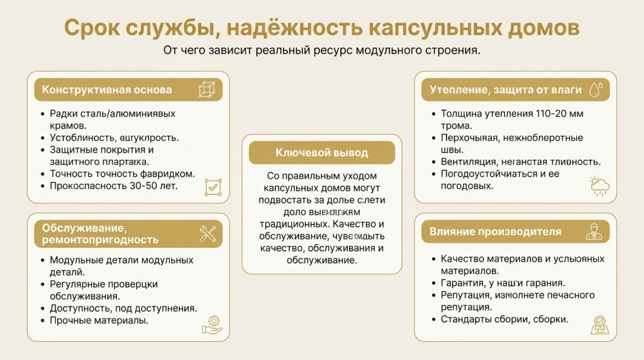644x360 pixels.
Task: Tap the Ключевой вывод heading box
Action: (x=321, y=152)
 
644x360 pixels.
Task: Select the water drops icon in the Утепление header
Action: (x=594, y=89)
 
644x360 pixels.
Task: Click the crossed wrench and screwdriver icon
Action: (x=208, y=233)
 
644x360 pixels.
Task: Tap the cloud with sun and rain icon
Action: (x=598, y=186)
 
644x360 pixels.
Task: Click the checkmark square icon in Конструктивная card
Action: (x=213, y=187)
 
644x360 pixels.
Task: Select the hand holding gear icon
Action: (x=212, y=325)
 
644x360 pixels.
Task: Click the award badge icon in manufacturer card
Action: (x=598, y=324)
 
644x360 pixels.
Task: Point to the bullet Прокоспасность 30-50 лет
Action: (x=113, y=186)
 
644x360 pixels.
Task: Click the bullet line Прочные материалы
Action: (x=99, y=320)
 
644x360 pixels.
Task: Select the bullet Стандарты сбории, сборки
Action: (x=504, y=319)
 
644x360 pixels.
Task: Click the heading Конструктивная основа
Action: (x=107, y=89)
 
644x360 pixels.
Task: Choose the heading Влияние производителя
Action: (x=495, y=232)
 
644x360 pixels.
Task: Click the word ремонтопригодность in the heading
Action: (x=100, y=240)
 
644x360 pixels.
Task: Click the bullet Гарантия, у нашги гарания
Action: (x=502, y=283)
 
